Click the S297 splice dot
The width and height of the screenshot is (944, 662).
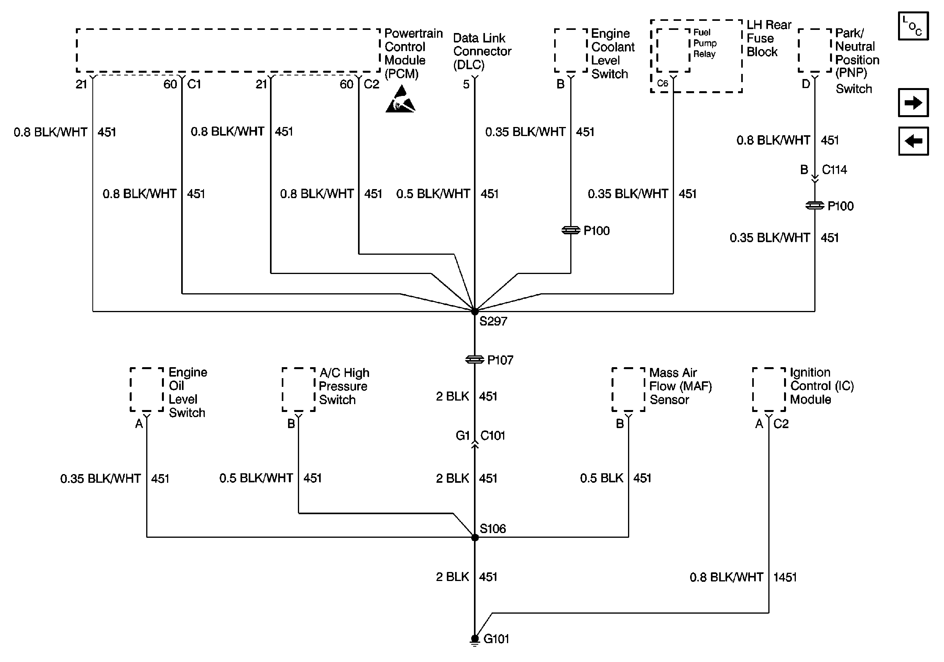[x=474, y=311]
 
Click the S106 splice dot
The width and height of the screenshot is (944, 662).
[x=474, y=537]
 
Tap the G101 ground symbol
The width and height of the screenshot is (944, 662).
[x=474, y=640]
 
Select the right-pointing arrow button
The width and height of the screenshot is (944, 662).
[x=913, y=102]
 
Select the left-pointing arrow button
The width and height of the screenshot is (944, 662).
[x=913, y=141]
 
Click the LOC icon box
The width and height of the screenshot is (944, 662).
[x=913, y=26]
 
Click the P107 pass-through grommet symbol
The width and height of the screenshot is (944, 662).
[x=474, y=360]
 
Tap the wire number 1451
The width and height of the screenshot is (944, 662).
[x=785, y=577]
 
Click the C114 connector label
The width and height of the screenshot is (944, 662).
[x=834, y=169]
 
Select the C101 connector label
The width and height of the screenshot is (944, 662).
[x=492, y=436]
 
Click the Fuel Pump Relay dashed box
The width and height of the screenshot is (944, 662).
[x=673, y=50]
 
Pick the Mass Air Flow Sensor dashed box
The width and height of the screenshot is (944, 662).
[x=628, y=390]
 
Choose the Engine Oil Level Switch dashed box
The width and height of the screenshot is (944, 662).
[x=147, y=390]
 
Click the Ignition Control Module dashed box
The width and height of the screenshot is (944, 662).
[x=769, y=390]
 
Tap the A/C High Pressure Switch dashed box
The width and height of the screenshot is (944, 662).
[x=299, y=390]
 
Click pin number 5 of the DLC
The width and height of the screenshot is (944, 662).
[x=466, y=84]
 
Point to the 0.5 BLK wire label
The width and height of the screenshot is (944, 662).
[x=602, y=478]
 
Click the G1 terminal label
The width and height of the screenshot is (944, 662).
[x=463, y=436]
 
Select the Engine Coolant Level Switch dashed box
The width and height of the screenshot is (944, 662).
[x=571, y=50]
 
